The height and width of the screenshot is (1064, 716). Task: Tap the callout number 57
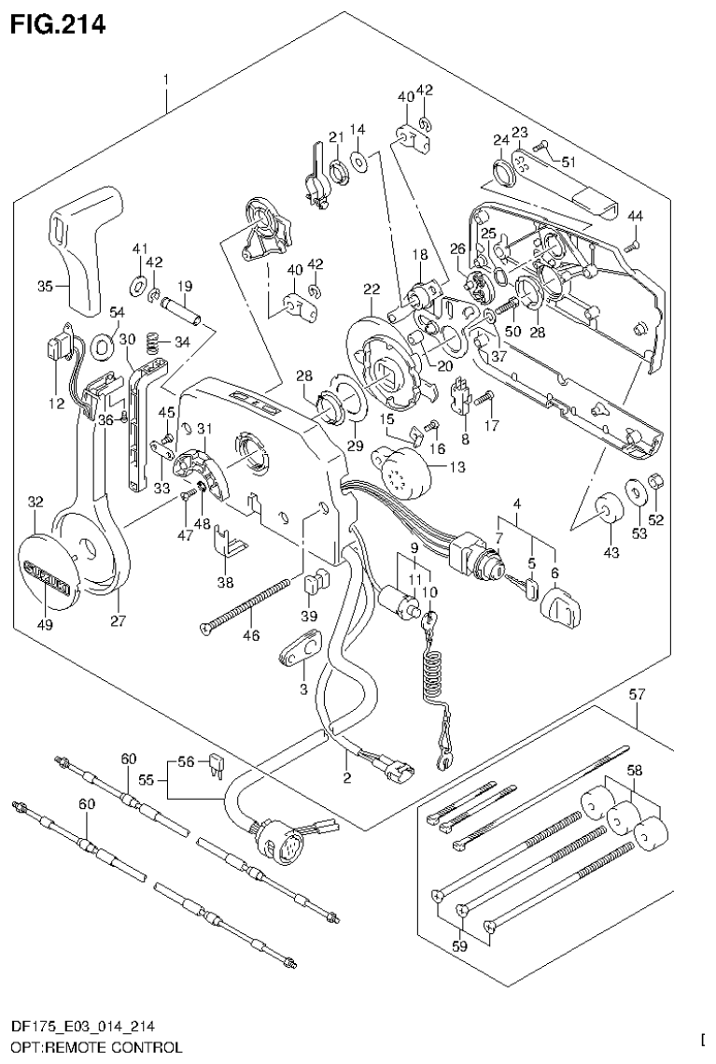638,694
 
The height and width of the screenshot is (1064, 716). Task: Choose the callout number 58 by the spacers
635,773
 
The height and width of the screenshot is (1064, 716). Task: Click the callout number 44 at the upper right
635,216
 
